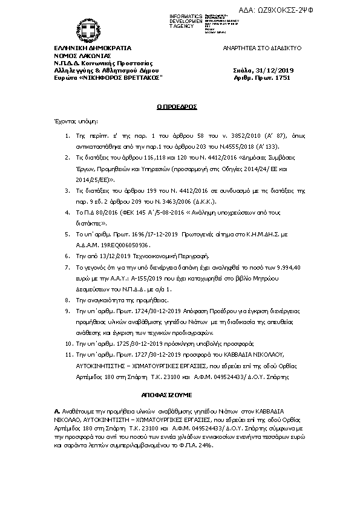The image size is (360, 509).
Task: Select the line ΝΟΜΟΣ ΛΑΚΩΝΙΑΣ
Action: pyautogui.click(x=79, y=55)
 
